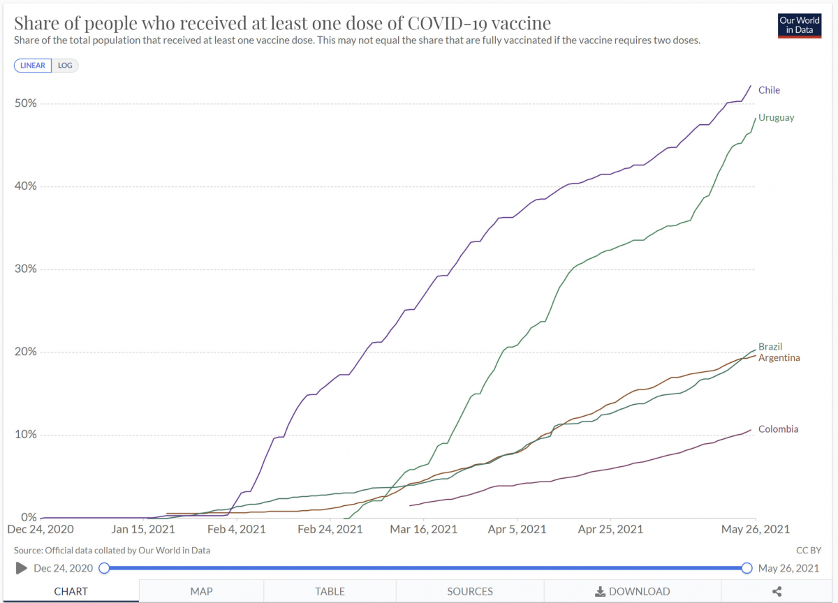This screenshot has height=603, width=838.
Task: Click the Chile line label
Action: click(769, 90)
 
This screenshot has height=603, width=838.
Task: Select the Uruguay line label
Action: click(776, 118)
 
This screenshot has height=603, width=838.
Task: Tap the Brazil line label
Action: click(770, 347)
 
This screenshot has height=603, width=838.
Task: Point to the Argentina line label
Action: click(779, 358)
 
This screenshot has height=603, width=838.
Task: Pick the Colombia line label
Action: click(778, 429)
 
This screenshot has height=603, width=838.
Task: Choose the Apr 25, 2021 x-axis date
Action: click(611, 529)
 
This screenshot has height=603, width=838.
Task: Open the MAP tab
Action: click(201, 591)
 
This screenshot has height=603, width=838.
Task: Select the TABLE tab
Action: click(330, 591)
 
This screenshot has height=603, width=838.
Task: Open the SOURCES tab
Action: click(470, 591)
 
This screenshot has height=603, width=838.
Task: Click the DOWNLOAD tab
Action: click(632, 591)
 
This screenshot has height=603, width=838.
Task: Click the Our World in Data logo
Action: click(799, 26)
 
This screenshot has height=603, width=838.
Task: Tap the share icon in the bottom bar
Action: click(777, 591)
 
